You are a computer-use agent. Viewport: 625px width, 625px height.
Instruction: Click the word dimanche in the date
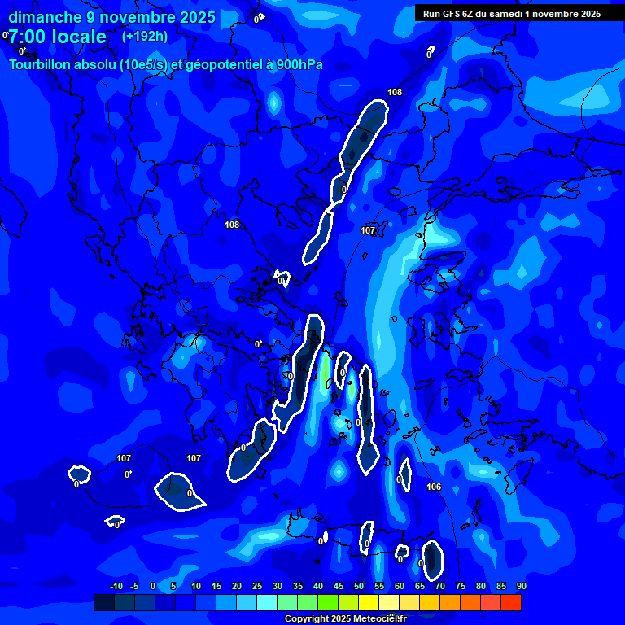click(x=44, y=17)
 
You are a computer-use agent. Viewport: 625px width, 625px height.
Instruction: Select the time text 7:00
click(x=29, y=37)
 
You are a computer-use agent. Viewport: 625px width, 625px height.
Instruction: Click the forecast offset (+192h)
click(x=145, y=37)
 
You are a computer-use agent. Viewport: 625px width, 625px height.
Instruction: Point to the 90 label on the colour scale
click(x=521, y=586)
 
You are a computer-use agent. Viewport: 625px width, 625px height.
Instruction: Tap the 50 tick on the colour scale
click(x=359, y=586)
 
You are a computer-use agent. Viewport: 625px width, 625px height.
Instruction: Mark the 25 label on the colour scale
click(x=257, y=586)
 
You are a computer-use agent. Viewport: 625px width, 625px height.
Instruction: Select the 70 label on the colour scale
click(x=440, y=586)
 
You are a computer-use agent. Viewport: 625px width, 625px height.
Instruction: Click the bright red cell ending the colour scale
click(x=510, y=602)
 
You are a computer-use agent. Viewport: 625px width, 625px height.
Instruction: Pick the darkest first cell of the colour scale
click(x=104, y=602)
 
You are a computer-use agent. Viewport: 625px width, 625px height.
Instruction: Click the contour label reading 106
click(x=434, y=487)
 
